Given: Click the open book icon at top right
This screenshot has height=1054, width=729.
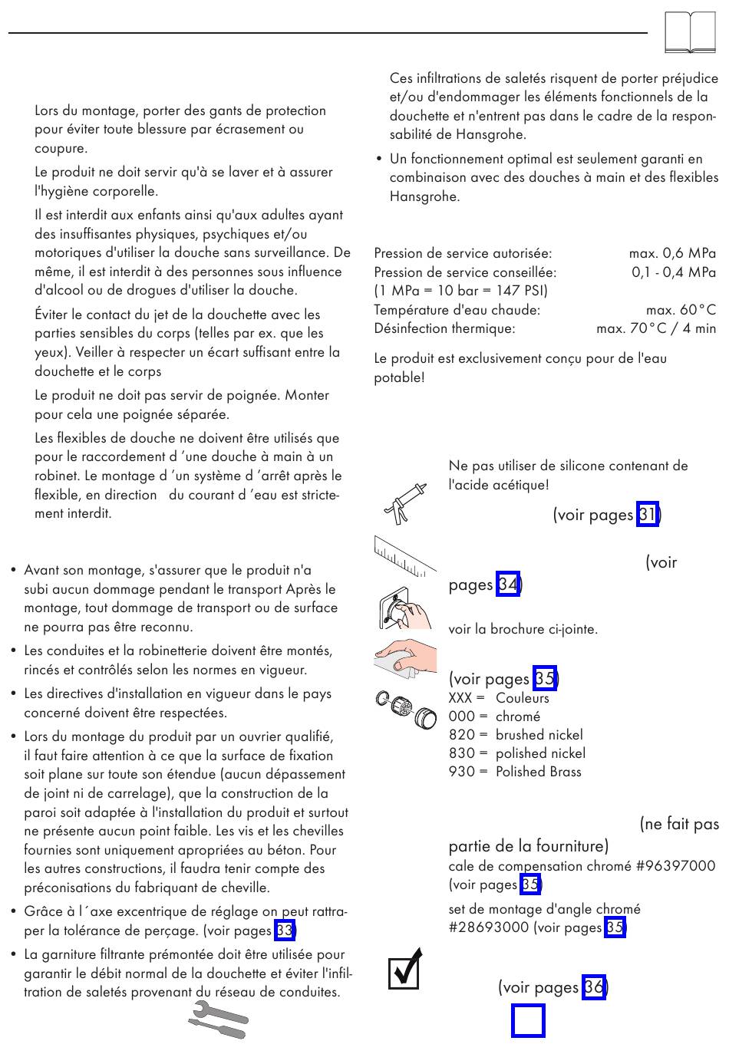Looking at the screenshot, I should pos(691,33).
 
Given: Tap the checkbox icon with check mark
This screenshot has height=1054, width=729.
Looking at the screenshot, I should pos(405,969).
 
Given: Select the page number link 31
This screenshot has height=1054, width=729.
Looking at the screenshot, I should pos(648,515).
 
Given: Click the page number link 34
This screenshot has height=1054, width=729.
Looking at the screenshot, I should pos(508,585).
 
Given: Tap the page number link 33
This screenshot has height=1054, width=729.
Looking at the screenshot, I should pos(285,930).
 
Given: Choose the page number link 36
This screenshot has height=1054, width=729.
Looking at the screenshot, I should pos(594,986).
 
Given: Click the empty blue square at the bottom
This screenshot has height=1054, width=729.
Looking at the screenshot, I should pos(528,1021).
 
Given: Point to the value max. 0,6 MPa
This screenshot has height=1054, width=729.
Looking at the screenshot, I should pos(672,253).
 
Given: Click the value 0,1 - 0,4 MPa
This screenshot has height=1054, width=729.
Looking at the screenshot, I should pos(674,272).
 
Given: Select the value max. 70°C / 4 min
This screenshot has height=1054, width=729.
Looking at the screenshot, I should pos(656,328).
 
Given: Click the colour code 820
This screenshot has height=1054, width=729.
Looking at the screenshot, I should pos(461,735).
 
